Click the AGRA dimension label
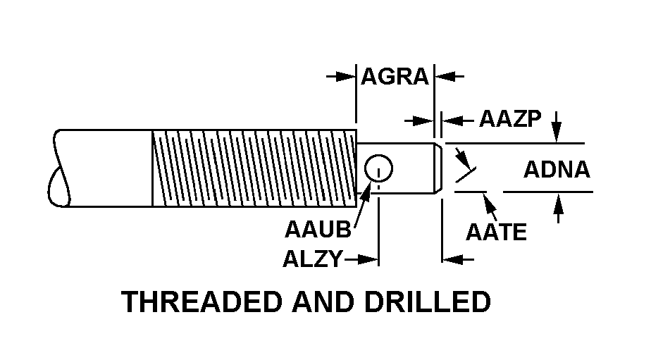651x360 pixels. tap(395, 77)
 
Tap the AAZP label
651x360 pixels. tap(510, 120)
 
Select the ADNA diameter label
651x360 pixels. tap(557, 170)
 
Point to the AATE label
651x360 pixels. tap(496, 232)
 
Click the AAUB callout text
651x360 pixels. tap(318, 229)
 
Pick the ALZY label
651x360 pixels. tap(313, 259)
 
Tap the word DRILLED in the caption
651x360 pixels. tap(428, 302)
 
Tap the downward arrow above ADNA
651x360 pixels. tap(557, 126)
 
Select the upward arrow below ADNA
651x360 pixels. tap(559, 208)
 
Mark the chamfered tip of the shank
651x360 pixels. tap(438, 168)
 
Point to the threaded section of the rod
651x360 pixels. tap(254, 168)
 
